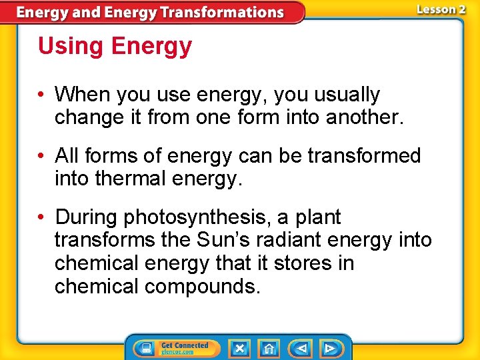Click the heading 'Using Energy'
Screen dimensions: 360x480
115,47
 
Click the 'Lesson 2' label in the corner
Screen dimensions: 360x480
441,9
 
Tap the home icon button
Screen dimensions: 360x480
269,348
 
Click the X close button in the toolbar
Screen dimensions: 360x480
239,348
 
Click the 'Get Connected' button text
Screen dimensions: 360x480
185,346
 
